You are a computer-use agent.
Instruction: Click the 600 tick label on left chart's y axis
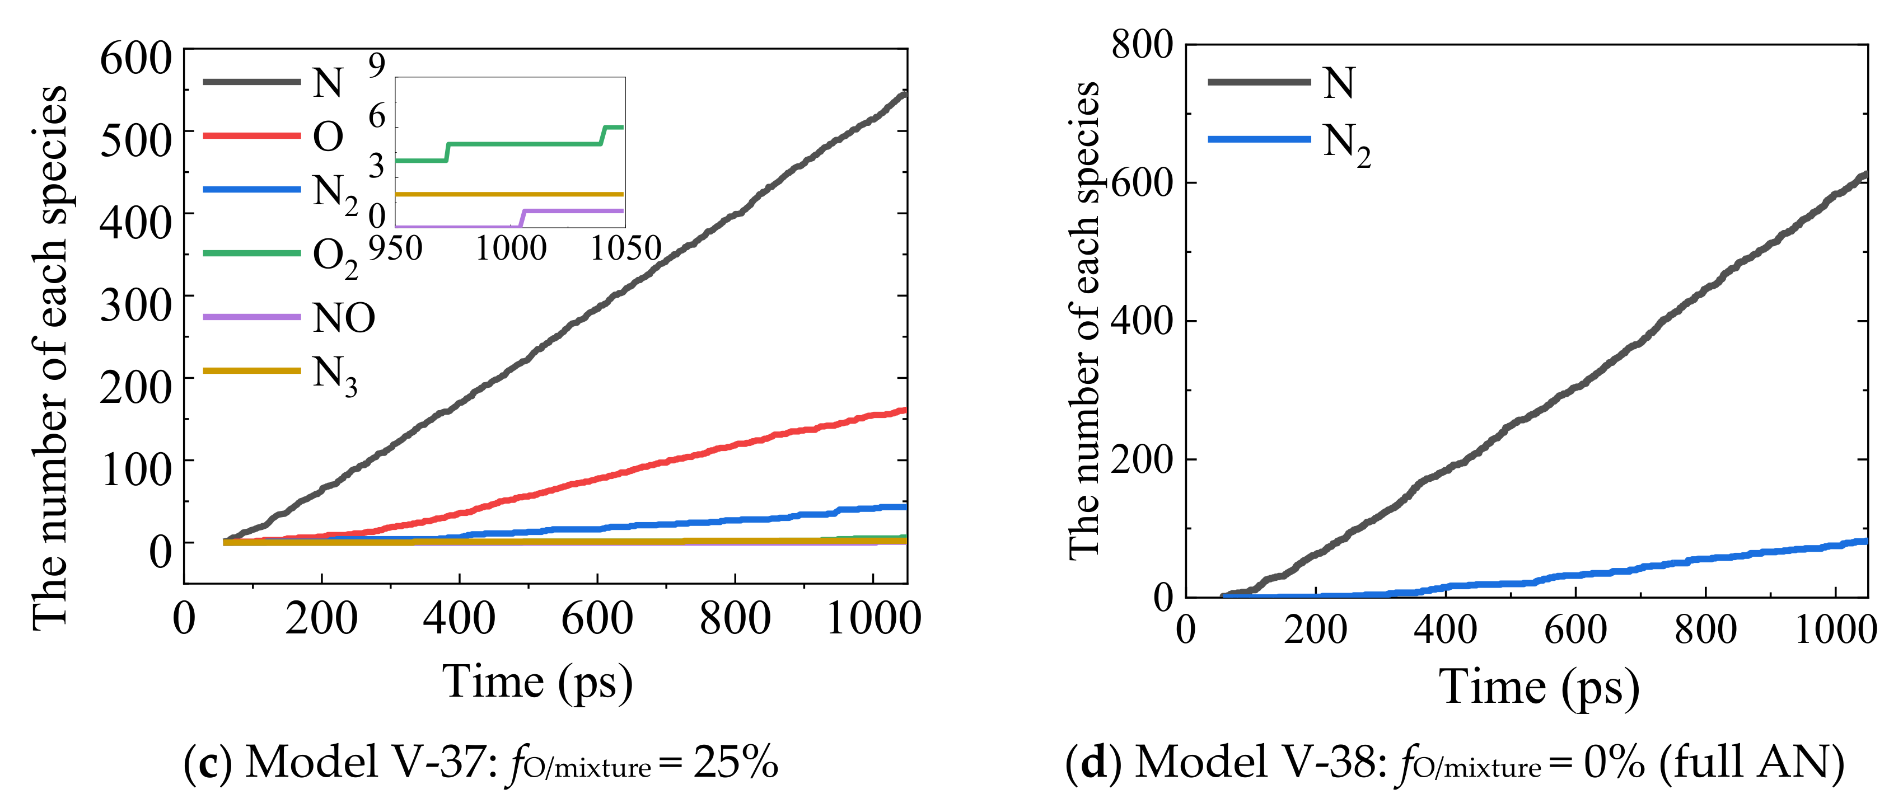click(136, 59)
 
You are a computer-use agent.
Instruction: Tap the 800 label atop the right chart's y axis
click(1142, 46)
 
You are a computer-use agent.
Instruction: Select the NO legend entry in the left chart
click(344, 318)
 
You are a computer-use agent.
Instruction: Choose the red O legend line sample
click(252, 136)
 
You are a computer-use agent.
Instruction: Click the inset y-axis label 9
click(377, 67)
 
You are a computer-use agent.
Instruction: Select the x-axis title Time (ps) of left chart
click(537, 682)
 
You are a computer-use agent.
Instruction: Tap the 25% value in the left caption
click(736, 762)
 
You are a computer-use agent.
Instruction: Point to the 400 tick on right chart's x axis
click(1445, 630)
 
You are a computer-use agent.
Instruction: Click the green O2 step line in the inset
click(525, 144)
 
